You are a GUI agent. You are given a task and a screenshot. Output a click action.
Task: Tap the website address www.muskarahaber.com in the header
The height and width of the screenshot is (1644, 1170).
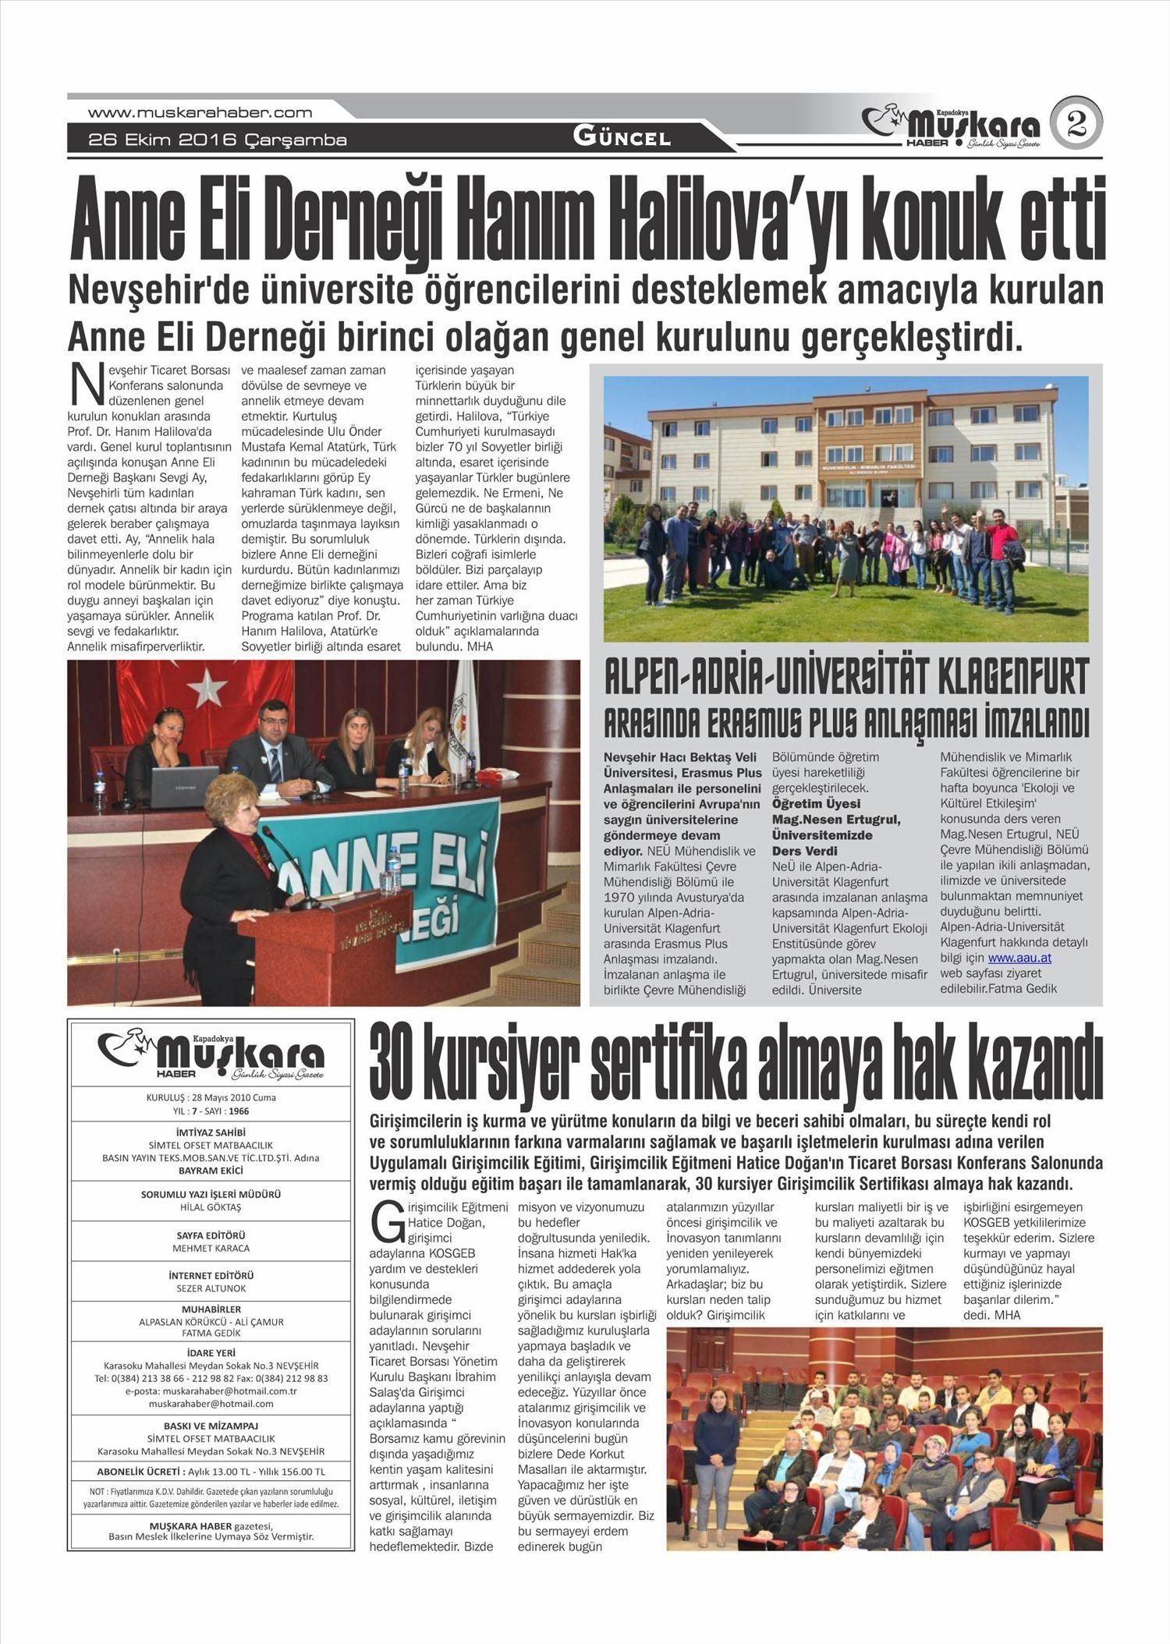point(200,112)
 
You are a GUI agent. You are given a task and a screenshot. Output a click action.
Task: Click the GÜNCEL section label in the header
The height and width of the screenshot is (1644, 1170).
point(622,138)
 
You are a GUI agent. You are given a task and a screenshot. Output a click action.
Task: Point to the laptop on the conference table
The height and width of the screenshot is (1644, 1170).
point(183,787)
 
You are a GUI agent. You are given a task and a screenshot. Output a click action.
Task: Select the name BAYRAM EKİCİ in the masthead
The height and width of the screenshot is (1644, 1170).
point(211,1171)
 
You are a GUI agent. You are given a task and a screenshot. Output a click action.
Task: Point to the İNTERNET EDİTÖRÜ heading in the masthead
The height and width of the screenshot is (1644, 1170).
point(211,1275)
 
